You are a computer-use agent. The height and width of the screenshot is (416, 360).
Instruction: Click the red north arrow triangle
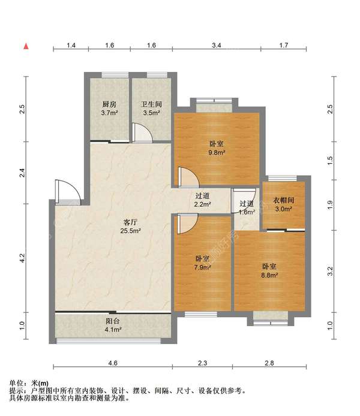(x=26, y=46)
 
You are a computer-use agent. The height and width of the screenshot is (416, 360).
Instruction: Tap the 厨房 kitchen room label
(x=109, y=104)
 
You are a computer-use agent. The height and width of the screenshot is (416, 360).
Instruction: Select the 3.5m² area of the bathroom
(x=152, y=113)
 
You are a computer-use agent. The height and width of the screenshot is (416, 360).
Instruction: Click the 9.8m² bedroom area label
(x=217, y=152)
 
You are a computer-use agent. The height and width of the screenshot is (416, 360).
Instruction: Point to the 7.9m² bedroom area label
(x=203, y=267)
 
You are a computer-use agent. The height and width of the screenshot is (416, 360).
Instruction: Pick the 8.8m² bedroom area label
(x=269, y=275)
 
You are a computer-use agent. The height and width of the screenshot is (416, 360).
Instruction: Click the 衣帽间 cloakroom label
(x=284, y=200)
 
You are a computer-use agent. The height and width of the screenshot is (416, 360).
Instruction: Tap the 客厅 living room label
(x=130, y=222)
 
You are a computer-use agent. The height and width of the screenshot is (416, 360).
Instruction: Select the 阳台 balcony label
(x=113, y=321)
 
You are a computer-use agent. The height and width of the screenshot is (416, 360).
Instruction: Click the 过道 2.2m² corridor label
(x=203, y=200)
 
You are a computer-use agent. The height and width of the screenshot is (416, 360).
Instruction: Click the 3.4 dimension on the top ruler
(x=217, y=46)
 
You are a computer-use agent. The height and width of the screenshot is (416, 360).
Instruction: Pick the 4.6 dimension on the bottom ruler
(x=113, y=363)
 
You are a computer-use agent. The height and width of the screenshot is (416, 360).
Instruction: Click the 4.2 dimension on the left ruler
(x=22, y=258)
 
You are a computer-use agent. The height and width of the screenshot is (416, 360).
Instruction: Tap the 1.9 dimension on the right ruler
(x=330, y=205)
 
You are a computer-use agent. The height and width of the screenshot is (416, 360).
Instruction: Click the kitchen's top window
(x=115, y=75)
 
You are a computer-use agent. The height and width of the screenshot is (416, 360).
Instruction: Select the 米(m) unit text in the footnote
(x=40, y=384)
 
